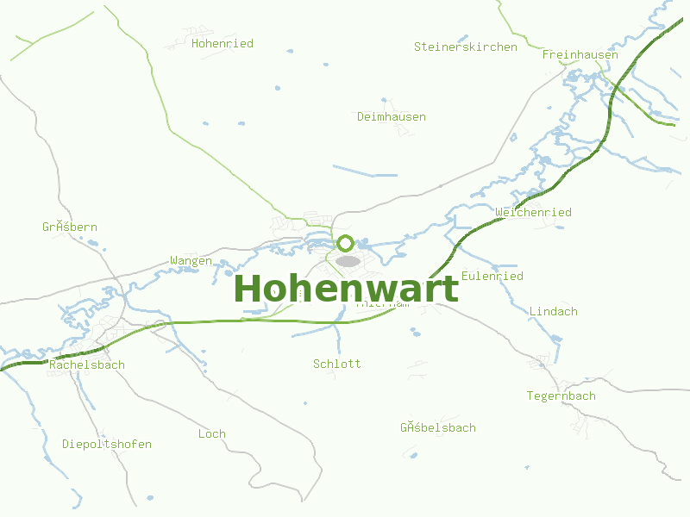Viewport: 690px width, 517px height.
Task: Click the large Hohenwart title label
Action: pos(346,289)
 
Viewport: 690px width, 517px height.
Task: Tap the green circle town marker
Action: pos(346,243)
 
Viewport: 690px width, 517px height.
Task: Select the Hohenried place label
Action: pos(223,43)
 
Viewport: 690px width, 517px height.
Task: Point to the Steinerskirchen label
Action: pos(466,47)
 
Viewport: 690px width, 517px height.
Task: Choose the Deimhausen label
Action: pos(392,116)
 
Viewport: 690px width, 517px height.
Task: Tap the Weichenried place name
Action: pos(534,212)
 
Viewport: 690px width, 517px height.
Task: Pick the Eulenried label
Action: pos(492,276)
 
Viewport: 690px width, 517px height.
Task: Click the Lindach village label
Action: pos(554,311)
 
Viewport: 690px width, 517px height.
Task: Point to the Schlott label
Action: pos(337,364)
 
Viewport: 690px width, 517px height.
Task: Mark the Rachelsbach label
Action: pos(87,364)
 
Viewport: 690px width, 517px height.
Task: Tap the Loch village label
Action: pos(212,433)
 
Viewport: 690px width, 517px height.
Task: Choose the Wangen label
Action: pos(191,260)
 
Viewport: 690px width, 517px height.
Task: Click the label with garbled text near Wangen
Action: pos(70,227)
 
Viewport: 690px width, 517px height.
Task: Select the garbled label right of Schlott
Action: pos(438,427)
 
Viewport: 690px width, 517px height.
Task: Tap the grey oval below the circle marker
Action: pos(348,260)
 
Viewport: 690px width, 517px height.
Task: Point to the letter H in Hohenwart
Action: pos(247,289)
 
